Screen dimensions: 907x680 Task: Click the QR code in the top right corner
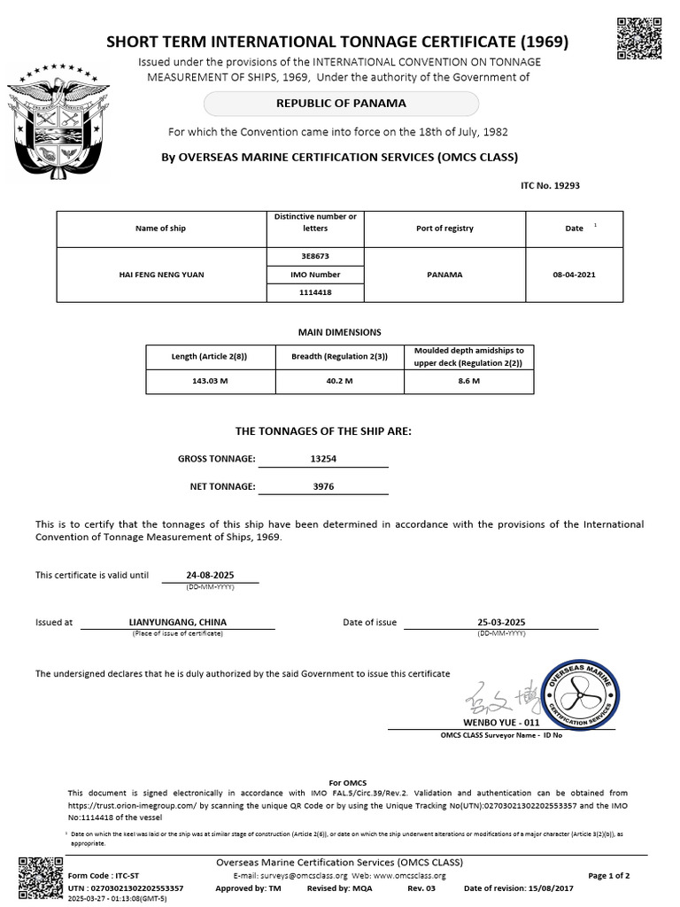click(x=637, y=38)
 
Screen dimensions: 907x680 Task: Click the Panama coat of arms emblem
click(x=58, y=119)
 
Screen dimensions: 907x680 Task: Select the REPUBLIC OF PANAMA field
click(x=341, y=104)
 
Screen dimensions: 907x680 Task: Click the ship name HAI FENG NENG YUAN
click(x=161, y=275)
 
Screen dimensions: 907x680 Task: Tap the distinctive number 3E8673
click(x=314, y=257)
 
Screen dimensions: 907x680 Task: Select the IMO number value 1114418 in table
click(x=314, y=292)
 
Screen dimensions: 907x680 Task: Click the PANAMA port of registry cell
click(x=444, y=275)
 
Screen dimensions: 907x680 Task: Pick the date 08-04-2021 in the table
click(x=574, y=275)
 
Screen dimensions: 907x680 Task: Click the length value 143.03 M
click(x=210, y=381)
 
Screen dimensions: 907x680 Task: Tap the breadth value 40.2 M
click(x=339, y=381)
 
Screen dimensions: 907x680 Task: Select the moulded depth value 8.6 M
click(x=468, y=381)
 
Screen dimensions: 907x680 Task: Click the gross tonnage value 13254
click(x=323, y=459)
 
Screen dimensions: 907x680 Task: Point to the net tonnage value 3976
click(x=323, y=486)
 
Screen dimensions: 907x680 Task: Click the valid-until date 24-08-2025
click(x=210, y=574)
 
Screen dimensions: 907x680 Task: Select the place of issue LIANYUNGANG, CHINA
click(x=178, y=622)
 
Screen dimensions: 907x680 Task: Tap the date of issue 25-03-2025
click(x=501, y=622)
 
